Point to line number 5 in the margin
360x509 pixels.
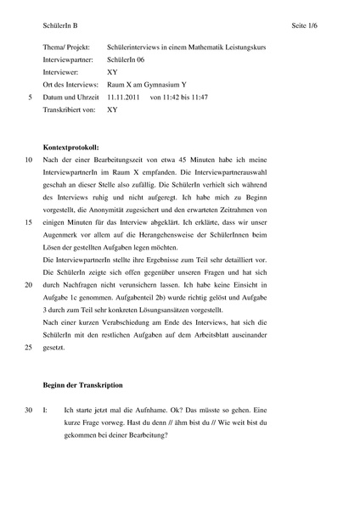pyautogui.click(x=30, y=98)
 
